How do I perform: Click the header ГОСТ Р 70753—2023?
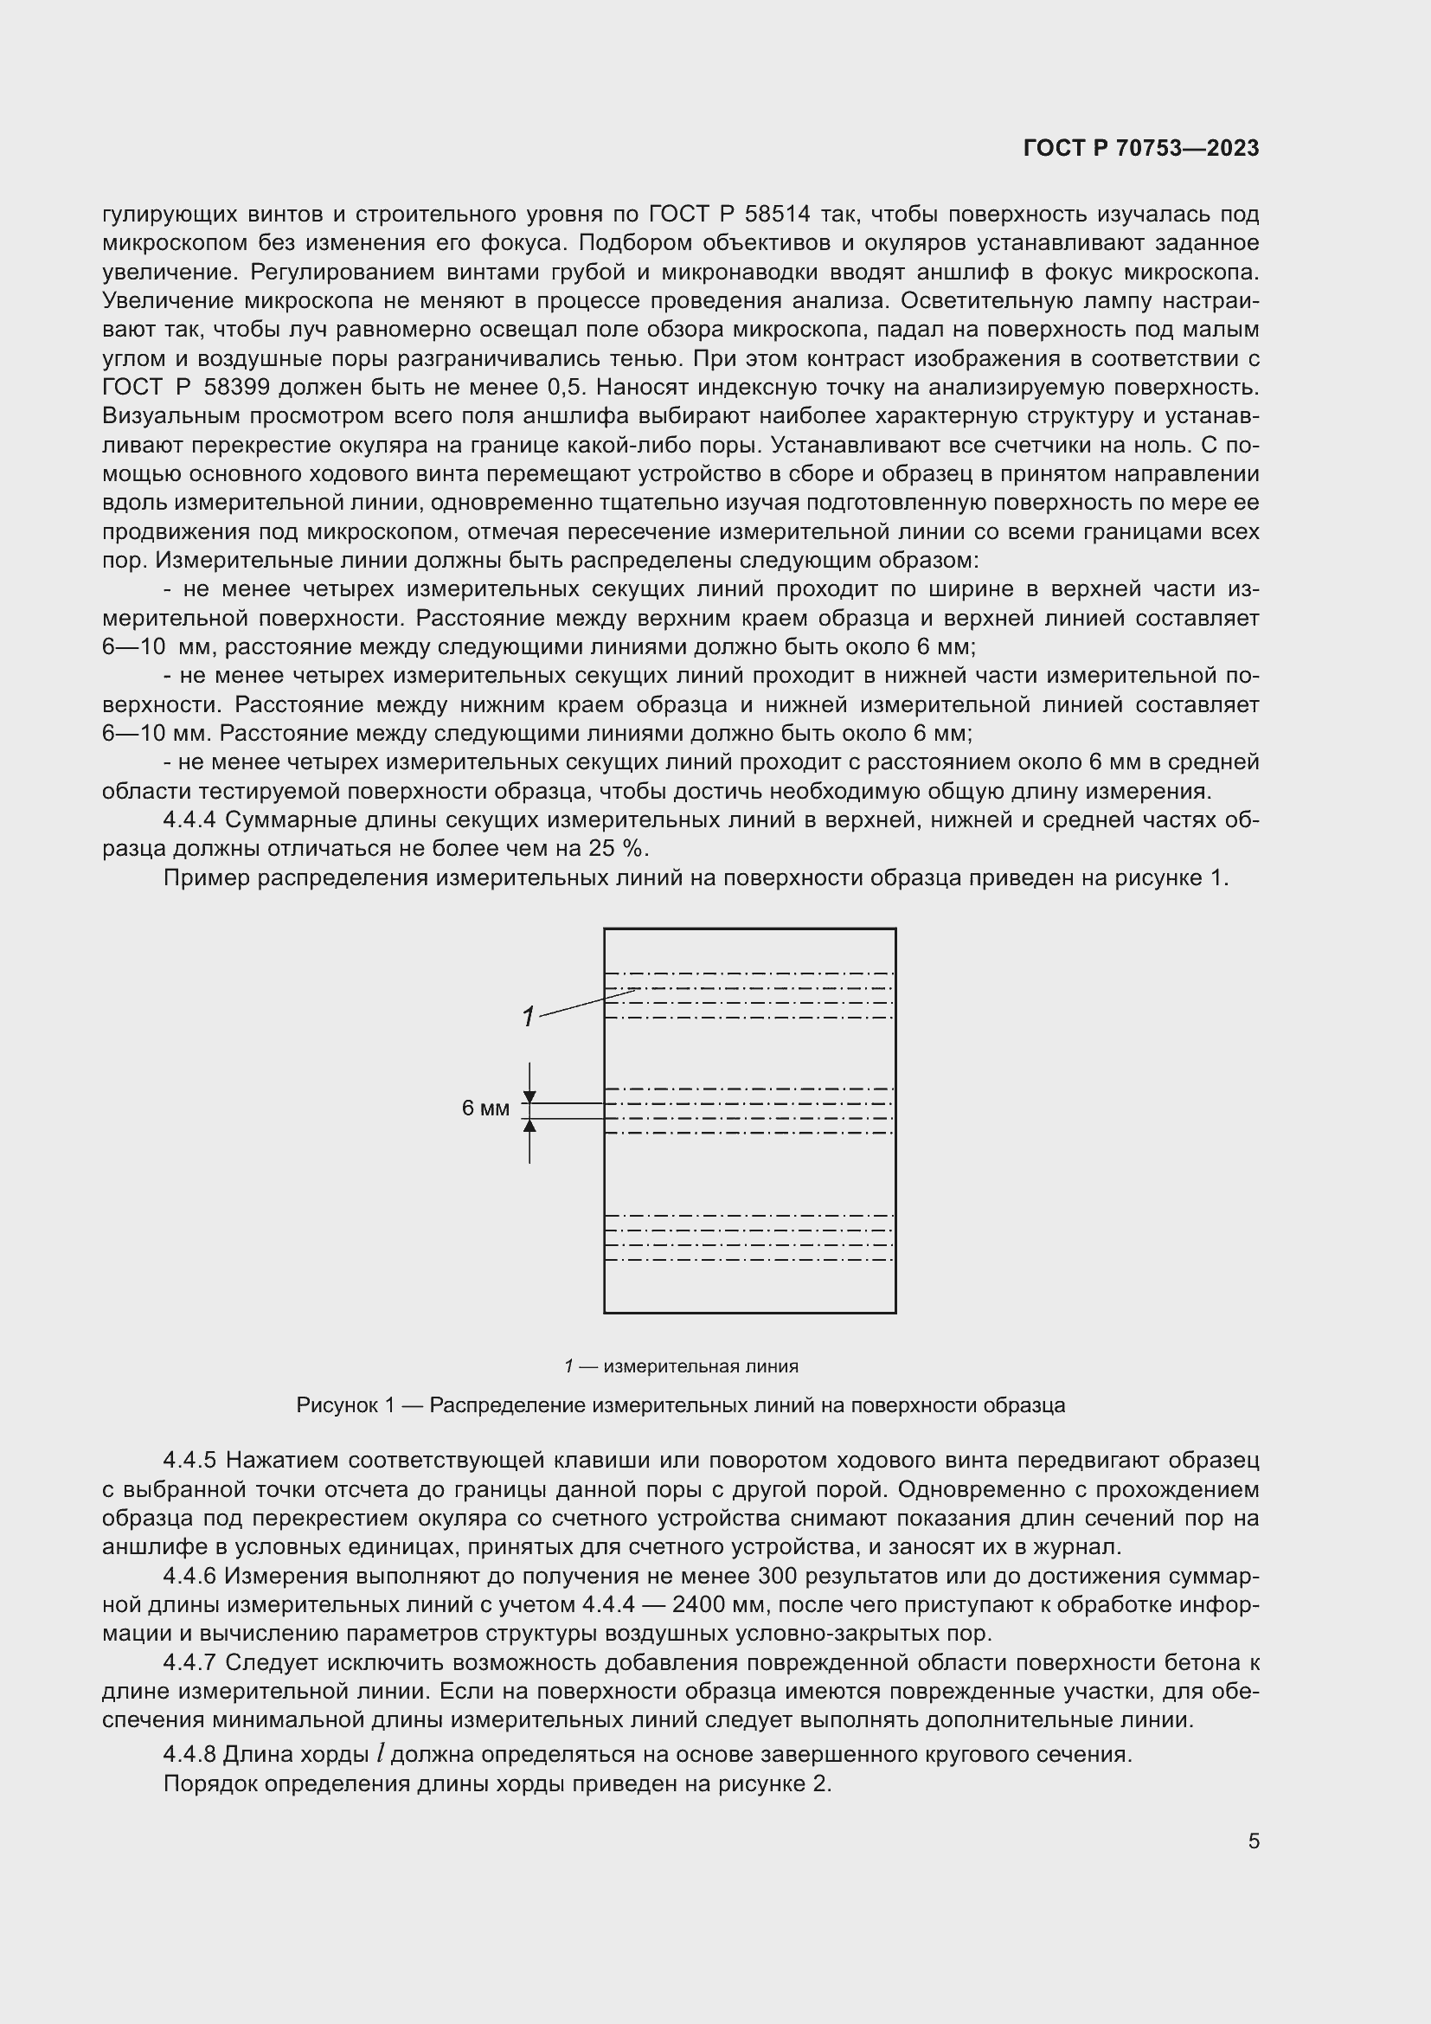click(x=1140, y=148)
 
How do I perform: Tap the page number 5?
click(x=1253, y=1841)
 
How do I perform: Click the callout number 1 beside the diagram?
click(x=528, y=1018)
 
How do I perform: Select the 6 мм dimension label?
click(x=485, y=1109)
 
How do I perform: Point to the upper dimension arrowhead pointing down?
click(x=529, y=1096)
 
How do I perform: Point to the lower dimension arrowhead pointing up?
click(x=529, y=1126)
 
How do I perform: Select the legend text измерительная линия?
click(x=701, y=1366)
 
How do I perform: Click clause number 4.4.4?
click(x=189, y=819)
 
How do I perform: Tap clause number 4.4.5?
click(x=189, y=1461)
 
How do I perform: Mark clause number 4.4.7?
click(x=189, y=1662)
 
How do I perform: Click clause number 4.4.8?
click(x=189, y=1754)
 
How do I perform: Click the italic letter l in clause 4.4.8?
click(x=380, y=1754)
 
